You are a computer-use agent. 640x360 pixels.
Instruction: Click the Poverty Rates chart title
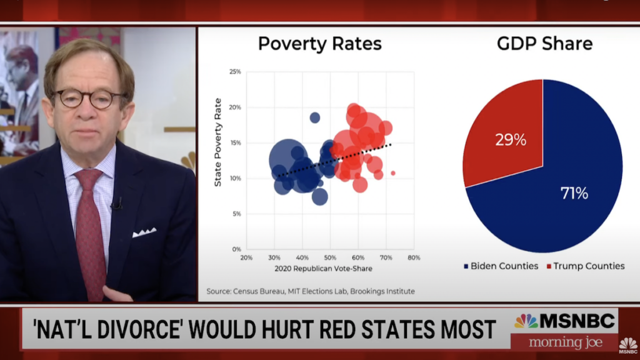[x=319, y=44]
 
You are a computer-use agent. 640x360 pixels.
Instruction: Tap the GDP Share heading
[x=544, y=44]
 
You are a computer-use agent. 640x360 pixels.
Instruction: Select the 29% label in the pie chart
[x=511, y=140]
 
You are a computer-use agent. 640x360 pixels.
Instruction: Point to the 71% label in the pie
[x=574, y=193]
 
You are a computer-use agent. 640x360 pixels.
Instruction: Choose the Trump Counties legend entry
[x=585, y=266]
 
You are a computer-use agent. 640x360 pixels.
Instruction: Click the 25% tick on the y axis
[x=234, y=72]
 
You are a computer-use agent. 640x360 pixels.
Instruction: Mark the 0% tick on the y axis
[x=236, y=249]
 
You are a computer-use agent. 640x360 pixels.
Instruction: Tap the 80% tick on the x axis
[x=413, y=257]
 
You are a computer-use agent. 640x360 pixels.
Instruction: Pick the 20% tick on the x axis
[x=246, y=257]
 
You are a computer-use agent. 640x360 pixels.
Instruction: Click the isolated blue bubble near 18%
[x=315, y=117]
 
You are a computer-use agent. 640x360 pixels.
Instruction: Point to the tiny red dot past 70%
[x=393, y=173]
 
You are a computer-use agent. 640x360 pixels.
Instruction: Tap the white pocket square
[x=144, y=232]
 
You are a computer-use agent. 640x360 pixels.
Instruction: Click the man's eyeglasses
[x=89, y=98]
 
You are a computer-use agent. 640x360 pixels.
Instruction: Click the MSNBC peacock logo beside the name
[x=526, y=321]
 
